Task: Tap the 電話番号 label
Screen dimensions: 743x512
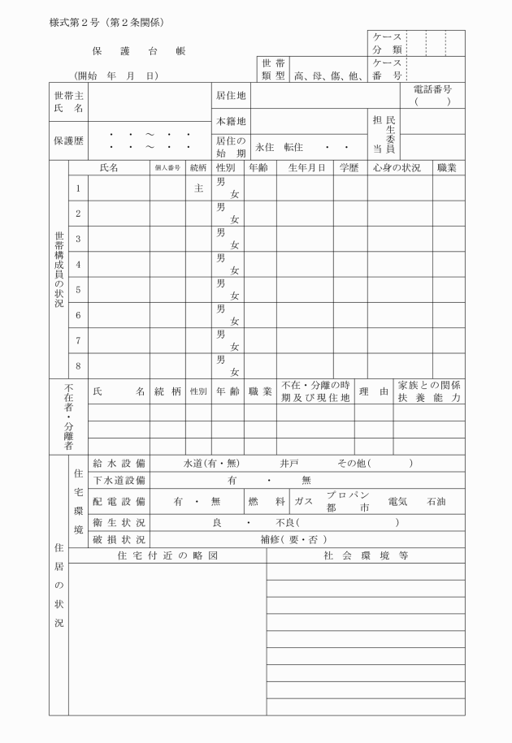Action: [433, 89]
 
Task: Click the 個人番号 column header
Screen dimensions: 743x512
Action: [167, 168]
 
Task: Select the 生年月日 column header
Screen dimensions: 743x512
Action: [305, 168]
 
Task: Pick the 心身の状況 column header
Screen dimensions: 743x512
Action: [399, 168]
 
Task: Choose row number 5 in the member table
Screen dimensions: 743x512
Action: [78, 289]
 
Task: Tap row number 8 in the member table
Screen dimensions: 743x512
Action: [78, 365]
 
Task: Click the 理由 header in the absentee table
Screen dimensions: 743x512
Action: [374, 391]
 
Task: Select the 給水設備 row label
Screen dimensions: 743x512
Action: [119, 463]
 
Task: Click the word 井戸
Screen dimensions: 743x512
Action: [289, 463]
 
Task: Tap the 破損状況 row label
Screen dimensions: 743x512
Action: [119, 539]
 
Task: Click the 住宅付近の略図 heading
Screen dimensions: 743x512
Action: [168, 555]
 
